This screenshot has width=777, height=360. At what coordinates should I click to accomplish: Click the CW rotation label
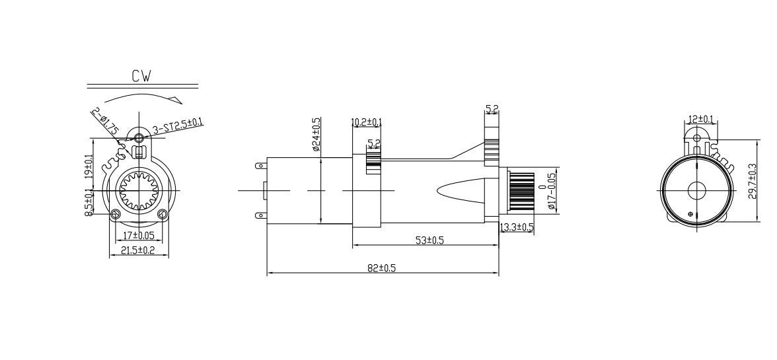point(141,76)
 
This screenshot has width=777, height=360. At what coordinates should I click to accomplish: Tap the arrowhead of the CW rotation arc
point(176,100)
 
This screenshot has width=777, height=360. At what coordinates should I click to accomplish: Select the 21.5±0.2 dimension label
point(137,250)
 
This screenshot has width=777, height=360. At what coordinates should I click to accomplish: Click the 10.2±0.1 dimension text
point(367,122)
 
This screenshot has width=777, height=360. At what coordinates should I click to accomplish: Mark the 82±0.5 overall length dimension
point(381,268)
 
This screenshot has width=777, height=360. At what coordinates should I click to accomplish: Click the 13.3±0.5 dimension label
point(517,227)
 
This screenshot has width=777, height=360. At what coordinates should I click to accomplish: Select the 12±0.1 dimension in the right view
point(700,119)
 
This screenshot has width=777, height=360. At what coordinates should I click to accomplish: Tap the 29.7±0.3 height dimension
point(751,182)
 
